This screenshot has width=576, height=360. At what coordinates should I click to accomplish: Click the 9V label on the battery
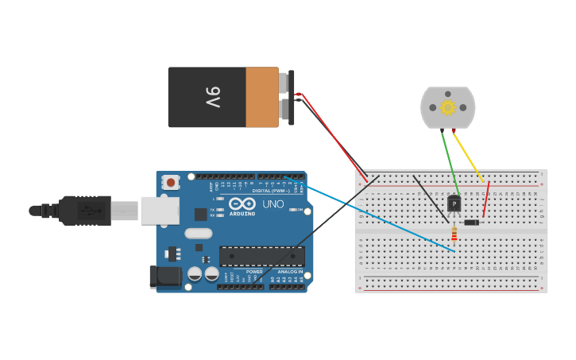click(x=213, y=98)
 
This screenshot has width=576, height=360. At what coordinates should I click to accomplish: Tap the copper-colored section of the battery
click(x=261, y=98)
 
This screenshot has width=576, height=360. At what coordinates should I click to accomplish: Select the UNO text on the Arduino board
click(x=273, y=204)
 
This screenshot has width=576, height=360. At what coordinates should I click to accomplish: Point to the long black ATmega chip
click(x=261, y=256)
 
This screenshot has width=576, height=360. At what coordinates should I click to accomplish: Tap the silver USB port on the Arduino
click(x=160, y=211)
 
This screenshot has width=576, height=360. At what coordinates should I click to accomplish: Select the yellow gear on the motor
click(x=447, y=107)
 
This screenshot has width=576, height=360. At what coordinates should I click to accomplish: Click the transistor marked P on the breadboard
click(x=454, y=204)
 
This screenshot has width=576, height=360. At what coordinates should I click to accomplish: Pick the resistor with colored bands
click(x=454, y=233)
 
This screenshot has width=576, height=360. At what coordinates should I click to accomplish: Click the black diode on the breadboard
click(x=471, y=223)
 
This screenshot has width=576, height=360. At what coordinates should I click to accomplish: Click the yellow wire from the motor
click(x=468, y=156)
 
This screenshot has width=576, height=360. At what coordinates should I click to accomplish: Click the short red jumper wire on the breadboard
click(x=486, y=199)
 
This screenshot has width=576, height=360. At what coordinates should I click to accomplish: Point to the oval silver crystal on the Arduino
click(x=198, y=234)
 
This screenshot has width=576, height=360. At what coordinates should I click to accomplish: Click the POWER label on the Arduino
click(x=254, y=272)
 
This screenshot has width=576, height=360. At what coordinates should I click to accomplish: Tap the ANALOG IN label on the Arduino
click(x=289, y=272)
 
